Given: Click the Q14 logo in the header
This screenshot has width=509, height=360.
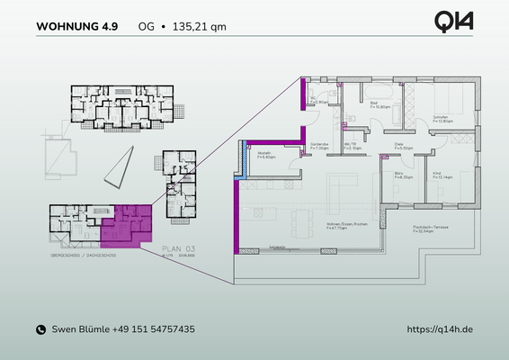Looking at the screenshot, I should pyautogui.click(x=453, y=22).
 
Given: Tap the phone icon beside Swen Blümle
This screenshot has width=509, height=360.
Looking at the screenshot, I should pyautogui.click(x=40, y=330).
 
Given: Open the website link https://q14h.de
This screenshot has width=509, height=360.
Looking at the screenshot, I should pyautogui.click(x=440, y=330).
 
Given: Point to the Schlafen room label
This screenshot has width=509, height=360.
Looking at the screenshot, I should pyautogui.click(x=440, y=117).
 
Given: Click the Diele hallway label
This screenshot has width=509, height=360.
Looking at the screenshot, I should pyautogui.click(x=401, y=144).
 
